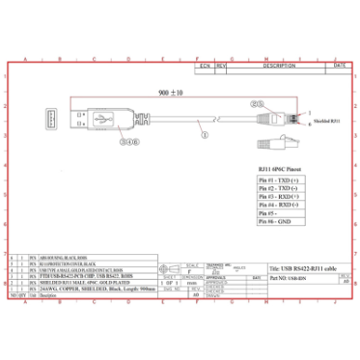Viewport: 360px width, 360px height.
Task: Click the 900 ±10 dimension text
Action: [x=171, y=95]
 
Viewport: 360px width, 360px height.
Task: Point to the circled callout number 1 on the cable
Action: [x=203, y=136]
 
